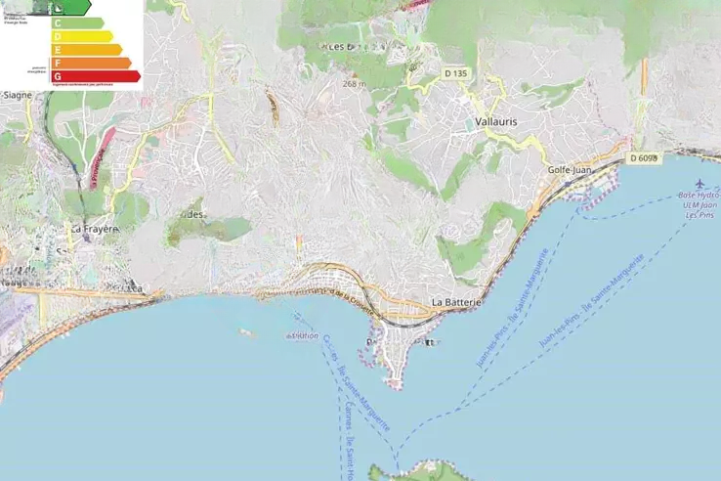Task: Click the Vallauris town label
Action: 494,121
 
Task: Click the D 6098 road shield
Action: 644,157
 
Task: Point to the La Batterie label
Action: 457,303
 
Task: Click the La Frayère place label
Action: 93,229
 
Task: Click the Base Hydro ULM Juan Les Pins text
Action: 698,205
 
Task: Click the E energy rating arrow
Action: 86,49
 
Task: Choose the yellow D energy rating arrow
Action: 82,36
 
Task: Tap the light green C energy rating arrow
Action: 77,22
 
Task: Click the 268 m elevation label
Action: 354,84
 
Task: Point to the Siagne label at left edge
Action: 18,95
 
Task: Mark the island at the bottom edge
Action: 410,473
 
